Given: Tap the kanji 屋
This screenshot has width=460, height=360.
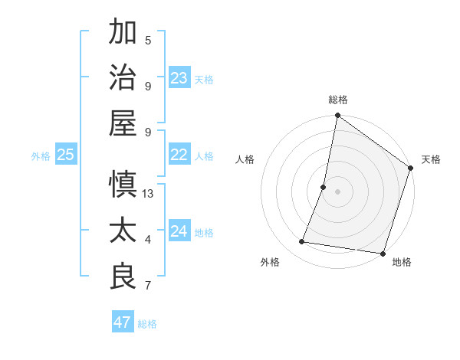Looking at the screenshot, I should [123, 122].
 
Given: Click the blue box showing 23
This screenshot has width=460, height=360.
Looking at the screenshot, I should [179, 77].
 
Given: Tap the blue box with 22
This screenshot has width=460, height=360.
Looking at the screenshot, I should [179, 155].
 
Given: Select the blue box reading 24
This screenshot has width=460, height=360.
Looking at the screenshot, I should [179, 231].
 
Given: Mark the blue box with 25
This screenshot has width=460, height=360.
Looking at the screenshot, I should [66, 155].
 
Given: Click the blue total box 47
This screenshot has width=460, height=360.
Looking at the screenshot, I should [123, 322].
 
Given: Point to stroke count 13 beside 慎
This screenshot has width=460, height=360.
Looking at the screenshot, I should [148, 194].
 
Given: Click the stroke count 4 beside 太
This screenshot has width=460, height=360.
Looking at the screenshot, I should [148, 241].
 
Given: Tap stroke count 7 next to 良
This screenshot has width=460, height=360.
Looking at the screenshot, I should [148, 286].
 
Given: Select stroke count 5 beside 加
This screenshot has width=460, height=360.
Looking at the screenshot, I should [148, 41].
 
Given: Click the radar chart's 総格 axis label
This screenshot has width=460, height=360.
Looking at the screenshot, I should [337, 100].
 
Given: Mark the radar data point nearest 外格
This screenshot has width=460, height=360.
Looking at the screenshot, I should [302, 242].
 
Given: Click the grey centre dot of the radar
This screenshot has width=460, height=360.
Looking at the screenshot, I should [337, 191].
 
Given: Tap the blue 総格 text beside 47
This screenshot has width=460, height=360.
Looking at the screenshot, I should [147, 323].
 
